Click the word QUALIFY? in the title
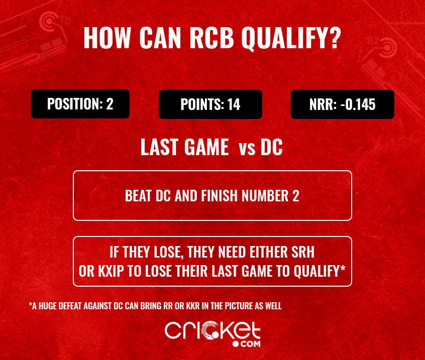291,38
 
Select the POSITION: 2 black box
80,104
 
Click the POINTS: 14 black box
210,104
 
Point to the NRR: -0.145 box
342,104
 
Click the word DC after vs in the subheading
272,147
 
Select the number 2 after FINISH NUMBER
296,196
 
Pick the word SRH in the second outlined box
303,252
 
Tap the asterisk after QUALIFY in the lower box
343,268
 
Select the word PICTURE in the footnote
239,306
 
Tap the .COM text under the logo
246,344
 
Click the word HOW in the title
108,38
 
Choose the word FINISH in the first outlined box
220,196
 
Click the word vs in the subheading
247,149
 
